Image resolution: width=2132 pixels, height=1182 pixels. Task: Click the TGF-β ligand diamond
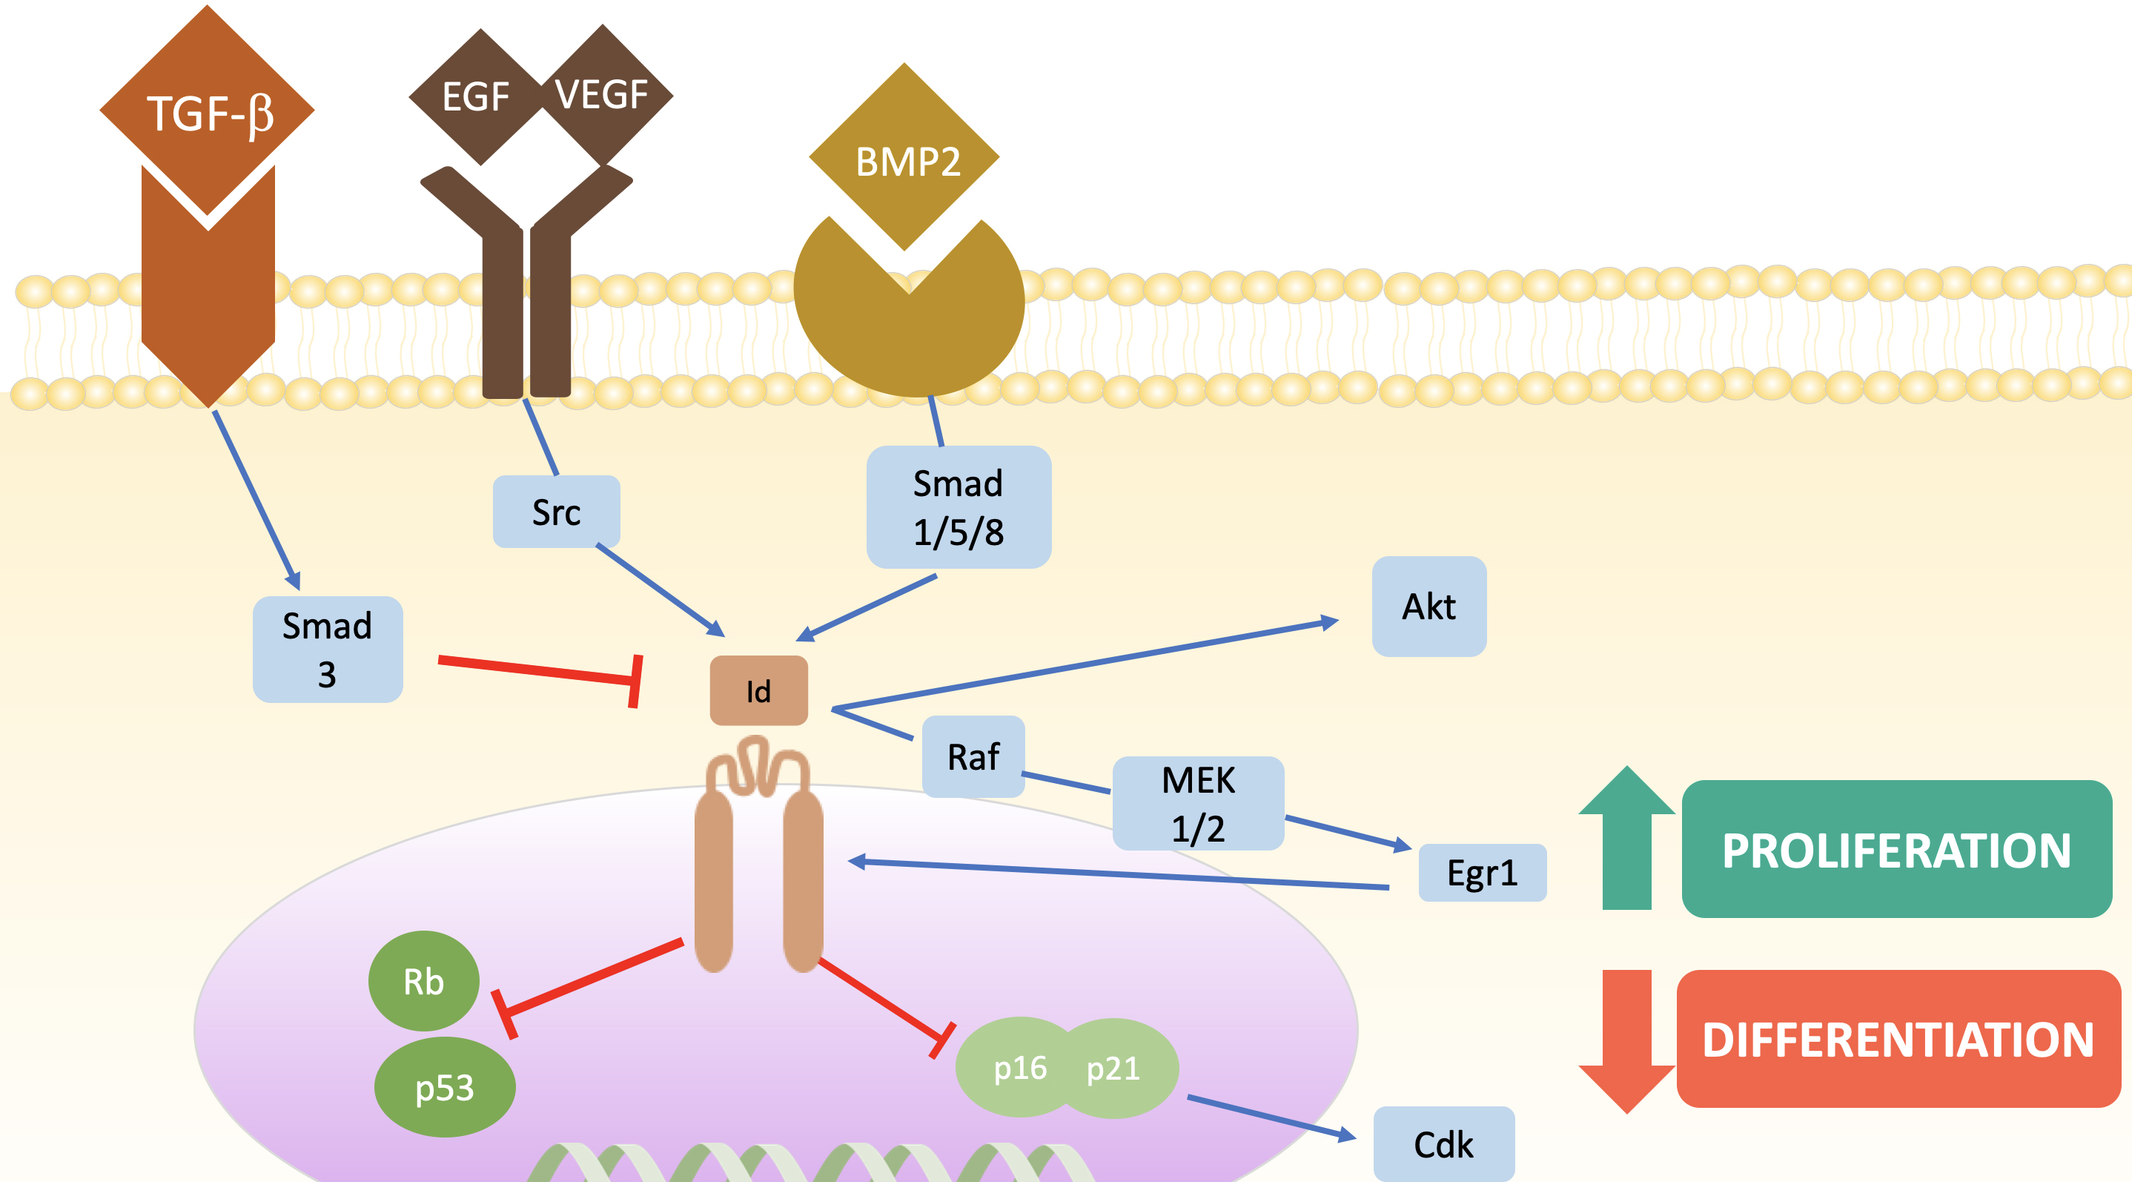(x=207, y=112)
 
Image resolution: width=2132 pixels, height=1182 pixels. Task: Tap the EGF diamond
(x=476, y=97)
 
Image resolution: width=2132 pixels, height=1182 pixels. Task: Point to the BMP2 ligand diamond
(x=907, y=159)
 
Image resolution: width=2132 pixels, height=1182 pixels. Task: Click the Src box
(x=556, y=512)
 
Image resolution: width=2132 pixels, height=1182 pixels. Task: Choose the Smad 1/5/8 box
(x=959, y=506)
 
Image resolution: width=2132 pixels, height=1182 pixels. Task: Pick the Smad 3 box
(x=328, y=650)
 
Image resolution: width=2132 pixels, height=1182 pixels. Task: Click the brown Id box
(x=758, y=690)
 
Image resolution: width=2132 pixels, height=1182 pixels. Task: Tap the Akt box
(x=1428, y=606)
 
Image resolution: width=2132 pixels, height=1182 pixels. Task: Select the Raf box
(x=973, y=756)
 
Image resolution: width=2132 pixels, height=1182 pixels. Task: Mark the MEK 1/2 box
(x=1198, y=803)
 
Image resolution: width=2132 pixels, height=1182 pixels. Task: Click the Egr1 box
(x=1481, y=873)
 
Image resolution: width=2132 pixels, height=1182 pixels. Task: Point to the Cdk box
(x=1443, y=1144)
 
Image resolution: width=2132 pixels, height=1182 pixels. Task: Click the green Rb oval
(x=424, y=981)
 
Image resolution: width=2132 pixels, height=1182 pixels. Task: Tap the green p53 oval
(x=445, y=1087)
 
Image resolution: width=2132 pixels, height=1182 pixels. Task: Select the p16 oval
(x=1019, y=1068)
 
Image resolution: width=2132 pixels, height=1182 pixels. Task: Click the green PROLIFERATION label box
(x=1896, y=849)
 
